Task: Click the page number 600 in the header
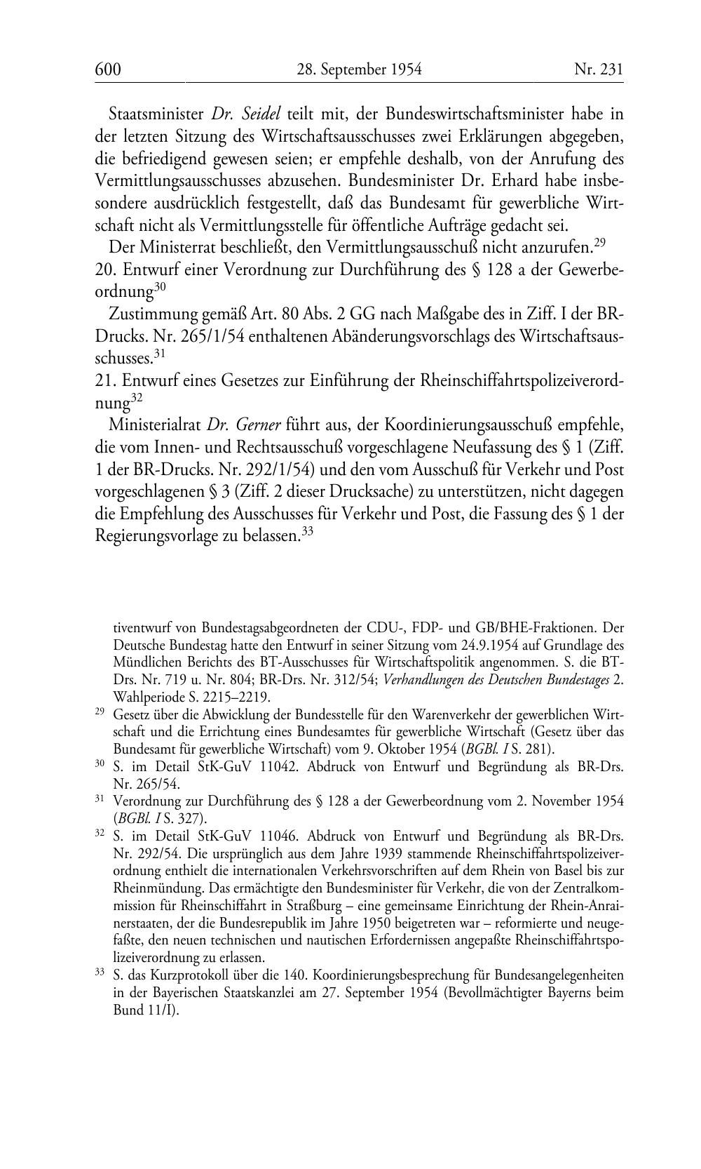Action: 108,69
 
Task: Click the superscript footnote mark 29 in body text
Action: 599,243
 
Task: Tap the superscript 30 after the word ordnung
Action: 160,286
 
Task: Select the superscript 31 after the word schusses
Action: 159,354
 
